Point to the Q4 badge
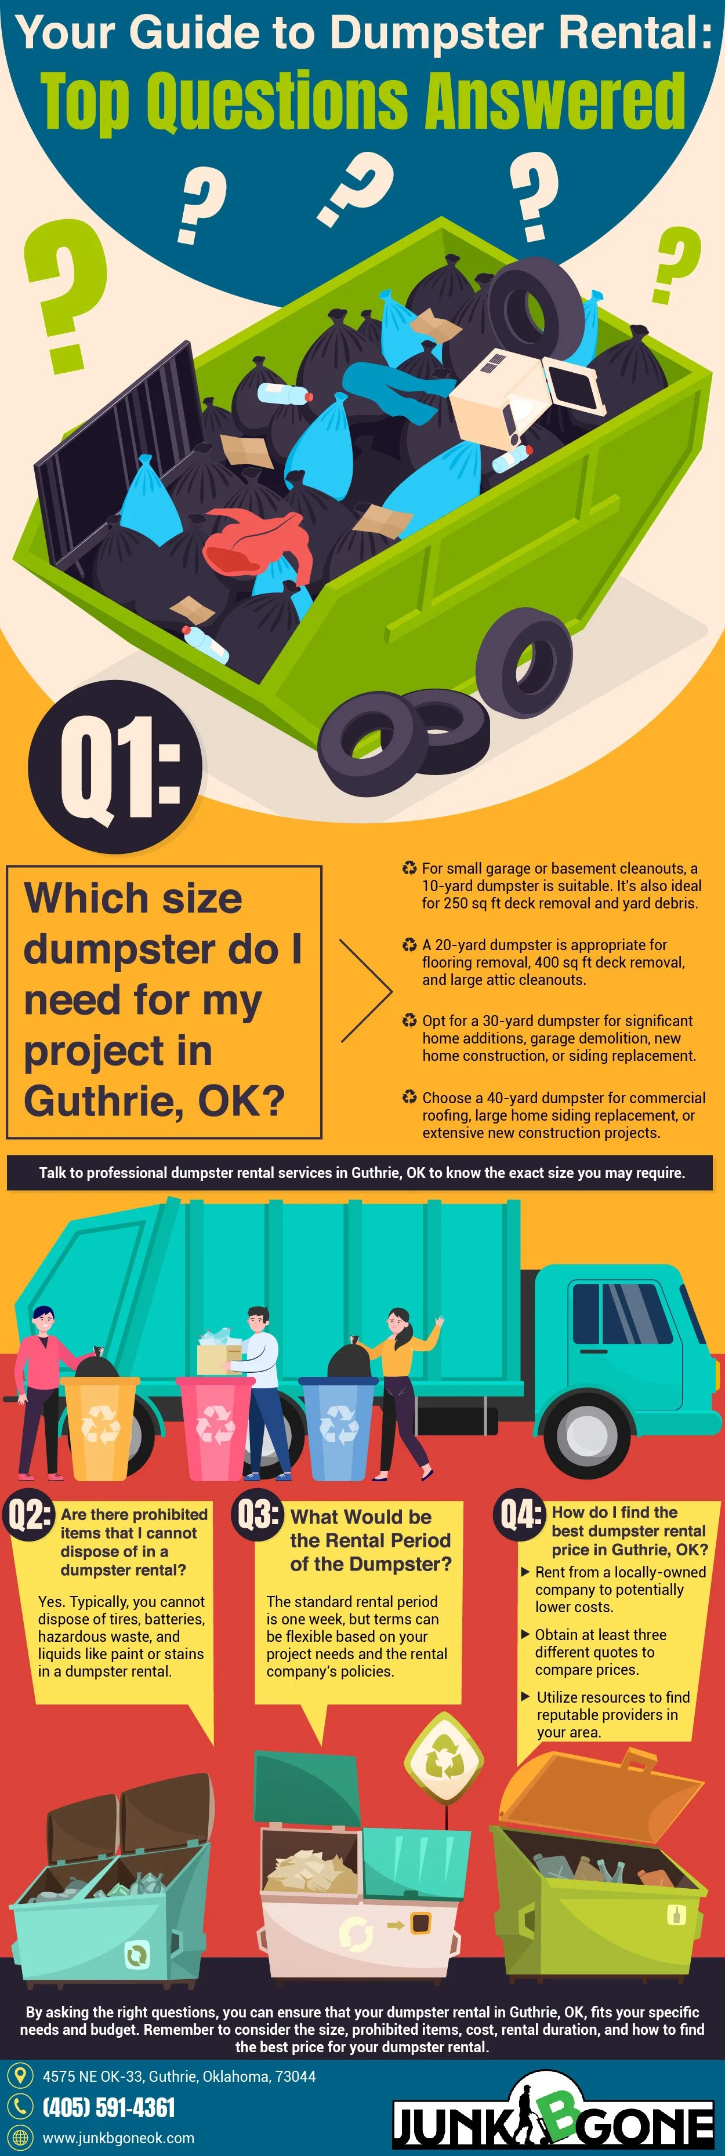coord(519,1513)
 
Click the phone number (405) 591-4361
coord(109,2107)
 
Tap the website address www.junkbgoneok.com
coord(118,2137)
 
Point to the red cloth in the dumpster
coord(251,540)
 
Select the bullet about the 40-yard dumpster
coord(557,1115)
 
